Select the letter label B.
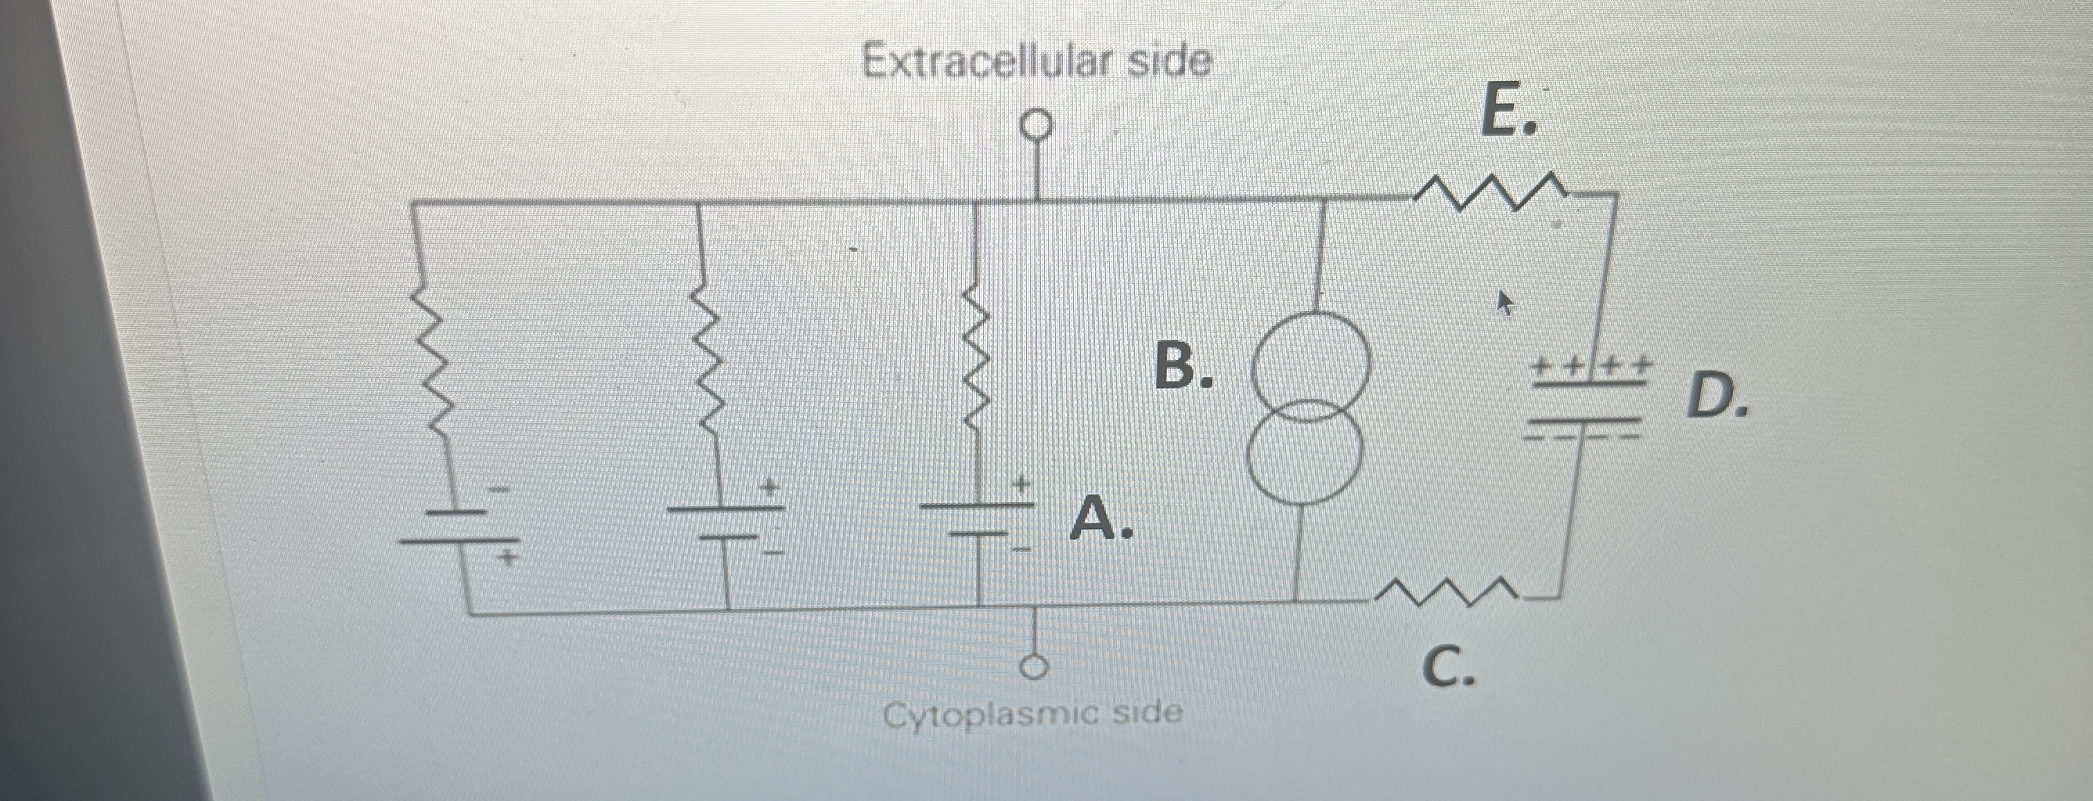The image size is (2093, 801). [x=1182, y=366]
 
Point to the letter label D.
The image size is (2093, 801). [x=1714, y=397]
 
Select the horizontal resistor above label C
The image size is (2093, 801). [x=1444, y=593]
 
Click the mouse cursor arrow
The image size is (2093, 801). [x=1505, y=304]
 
